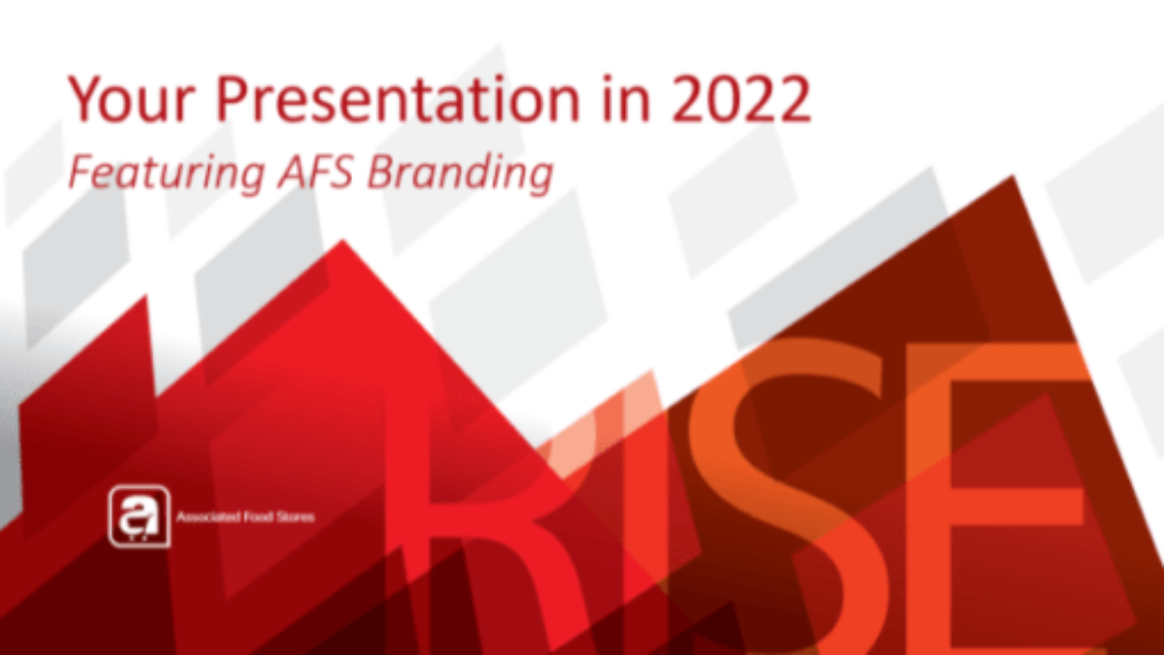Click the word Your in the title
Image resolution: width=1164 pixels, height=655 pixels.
(132, 99)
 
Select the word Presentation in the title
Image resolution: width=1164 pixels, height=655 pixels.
(398, 99)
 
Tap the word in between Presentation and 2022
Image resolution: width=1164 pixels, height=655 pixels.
(626, 99)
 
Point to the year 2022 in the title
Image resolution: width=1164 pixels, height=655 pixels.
(741, 99)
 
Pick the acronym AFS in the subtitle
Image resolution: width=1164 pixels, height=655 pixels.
(316, 172)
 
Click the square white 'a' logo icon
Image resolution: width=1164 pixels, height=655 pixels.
(140, 516)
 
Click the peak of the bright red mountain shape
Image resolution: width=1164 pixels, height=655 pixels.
(342, 241)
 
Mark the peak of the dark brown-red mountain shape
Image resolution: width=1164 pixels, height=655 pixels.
(1013, 177)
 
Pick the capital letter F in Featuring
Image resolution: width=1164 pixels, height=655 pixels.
(83, 172)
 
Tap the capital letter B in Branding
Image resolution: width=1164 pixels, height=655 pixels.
(383, 172)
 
